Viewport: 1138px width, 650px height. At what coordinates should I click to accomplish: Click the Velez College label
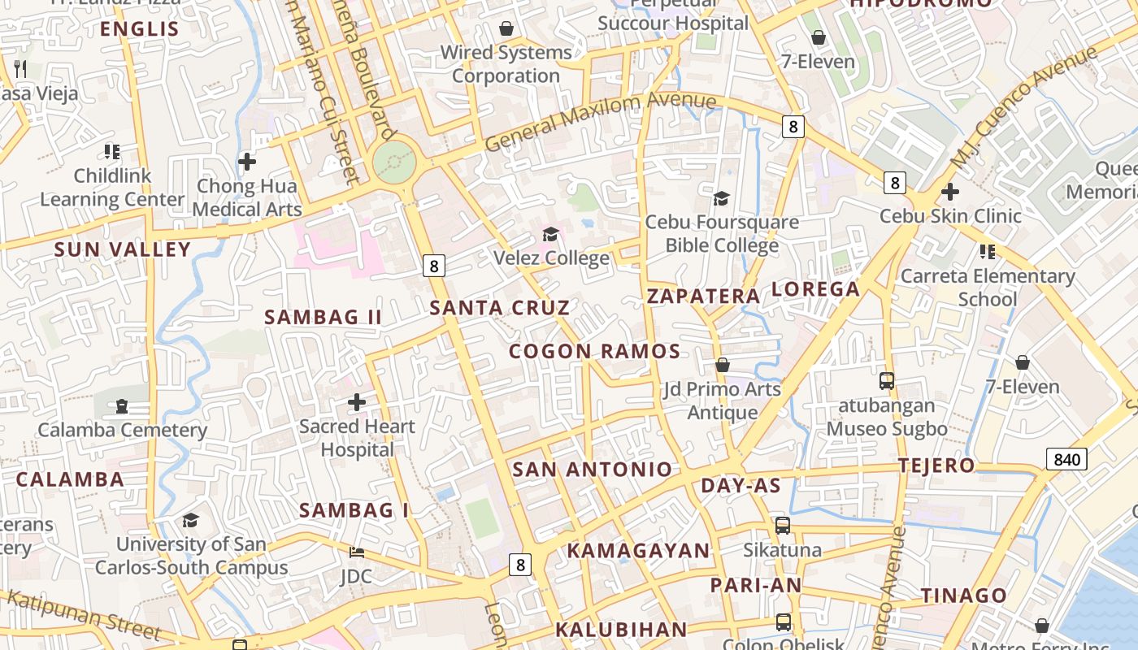pos(552,258)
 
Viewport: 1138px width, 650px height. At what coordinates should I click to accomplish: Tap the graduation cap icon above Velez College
pos(551,235)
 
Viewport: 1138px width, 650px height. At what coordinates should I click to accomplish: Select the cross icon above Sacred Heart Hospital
pos(356,402)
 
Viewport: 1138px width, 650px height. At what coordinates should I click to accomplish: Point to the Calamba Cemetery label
pos(122,430)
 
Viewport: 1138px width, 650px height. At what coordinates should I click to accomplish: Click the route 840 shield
pos(1066,460)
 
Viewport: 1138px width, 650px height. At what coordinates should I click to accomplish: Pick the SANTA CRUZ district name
pos(500,308)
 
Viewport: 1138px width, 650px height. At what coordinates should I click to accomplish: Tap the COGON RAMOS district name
pos(594,352)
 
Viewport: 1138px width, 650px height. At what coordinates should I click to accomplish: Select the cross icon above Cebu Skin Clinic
pos(949,193)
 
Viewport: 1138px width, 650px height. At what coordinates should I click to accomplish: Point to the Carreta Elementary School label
pos(988,288)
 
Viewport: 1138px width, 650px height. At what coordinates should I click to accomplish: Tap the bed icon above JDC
pos(356,552)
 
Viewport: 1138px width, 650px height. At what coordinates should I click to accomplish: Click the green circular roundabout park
pos(395,163)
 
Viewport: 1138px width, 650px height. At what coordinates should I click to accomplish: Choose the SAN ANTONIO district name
pos(593,470)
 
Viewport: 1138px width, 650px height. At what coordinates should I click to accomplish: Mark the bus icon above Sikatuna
pos(783,526)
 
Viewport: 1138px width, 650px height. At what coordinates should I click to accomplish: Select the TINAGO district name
pos(964,596)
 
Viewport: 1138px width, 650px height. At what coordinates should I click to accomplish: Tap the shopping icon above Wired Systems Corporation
pos(506,29)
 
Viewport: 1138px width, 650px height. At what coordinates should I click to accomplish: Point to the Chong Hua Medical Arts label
pos(247,197)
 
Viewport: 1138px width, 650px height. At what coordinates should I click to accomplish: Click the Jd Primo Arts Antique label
pos(723,401)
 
